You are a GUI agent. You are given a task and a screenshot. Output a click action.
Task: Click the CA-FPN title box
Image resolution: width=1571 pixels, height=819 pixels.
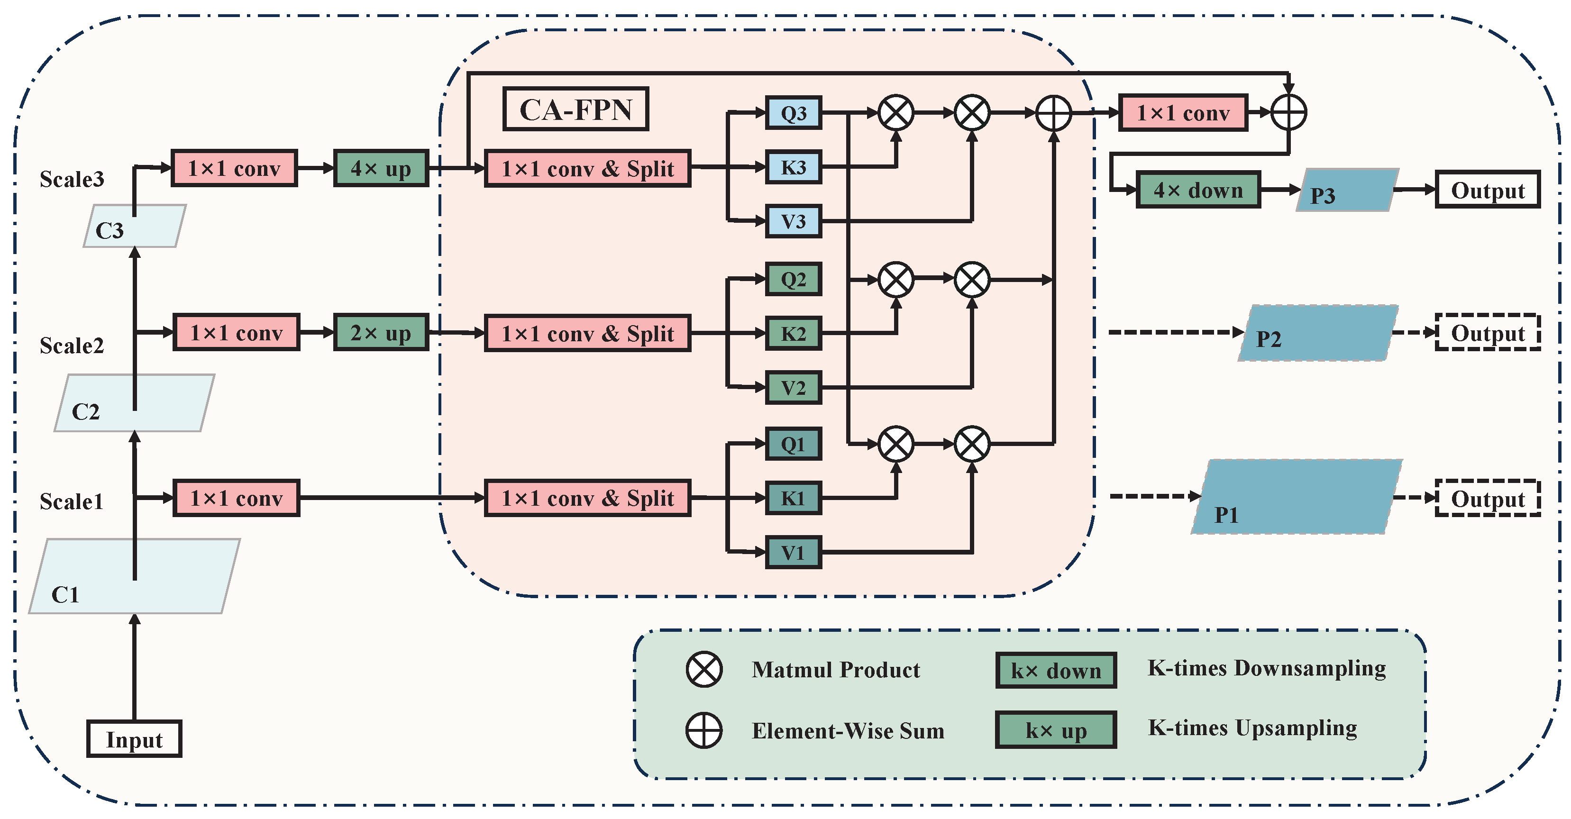[x=575, y=109]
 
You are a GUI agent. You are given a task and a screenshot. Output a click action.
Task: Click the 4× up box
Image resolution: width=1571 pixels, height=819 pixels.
[x=381, y=168]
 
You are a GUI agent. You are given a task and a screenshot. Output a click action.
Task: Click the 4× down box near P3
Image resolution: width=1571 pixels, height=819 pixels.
[x=1198, y=190]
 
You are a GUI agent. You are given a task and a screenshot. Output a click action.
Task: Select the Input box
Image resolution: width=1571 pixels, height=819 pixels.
[x=134, y=739]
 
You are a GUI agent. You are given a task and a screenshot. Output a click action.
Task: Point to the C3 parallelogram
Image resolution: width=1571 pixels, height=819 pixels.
[x=134, y=226]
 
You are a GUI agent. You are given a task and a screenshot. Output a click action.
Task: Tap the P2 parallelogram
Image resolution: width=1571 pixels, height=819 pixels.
[x=1317, y=334]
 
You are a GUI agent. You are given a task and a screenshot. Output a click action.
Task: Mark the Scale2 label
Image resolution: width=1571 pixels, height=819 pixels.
[x=72, y=346]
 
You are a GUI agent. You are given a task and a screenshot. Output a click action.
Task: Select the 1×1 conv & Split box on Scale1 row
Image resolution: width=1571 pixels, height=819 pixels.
[x=587, y=498]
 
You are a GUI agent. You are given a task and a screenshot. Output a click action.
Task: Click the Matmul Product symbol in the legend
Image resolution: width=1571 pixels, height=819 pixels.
[x=704, y=670]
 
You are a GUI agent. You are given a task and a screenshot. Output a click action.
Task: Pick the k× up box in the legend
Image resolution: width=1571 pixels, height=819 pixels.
[x=1056, y=730]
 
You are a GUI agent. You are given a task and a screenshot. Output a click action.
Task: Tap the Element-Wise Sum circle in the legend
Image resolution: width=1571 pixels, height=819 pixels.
[x=704, y=730]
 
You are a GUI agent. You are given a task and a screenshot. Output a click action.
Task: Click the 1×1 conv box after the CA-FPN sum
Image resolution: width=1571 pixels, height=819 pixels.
[x=1183, y=113]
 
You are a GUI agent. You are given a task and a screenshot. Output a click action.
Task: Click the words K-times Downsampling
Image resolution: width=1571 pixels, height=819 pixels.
[x=1266, y=668]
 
